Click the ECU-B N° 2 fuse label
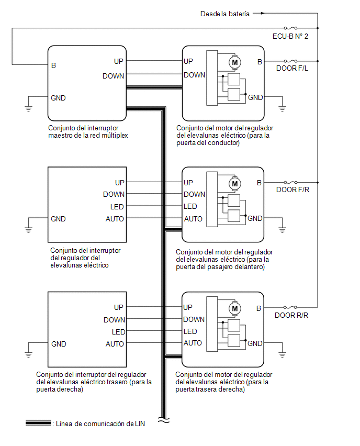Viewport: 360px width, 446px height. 290,37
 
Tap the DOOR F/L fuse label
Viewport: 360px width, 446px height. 292,68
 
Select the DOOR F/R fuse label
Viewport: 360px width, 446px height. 292,189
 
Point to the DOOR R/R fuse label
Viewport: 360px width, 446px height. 291,315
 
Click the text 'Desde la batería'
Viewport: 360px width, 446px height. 225,14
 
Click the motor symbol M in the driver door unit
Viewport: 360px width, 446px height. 235,63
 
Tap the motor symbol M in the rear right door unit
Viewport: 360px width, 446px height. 235,309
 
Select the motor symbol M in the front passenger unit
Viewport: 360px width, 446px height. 235,184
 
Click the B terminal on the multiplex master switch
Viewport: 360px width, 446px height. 53,65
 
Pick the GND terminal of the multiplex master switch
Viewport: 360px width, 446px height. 58,98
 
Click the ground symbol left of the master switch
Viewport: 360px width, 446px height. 28,108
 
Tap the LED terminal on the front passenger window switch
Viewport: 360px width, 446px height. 117,207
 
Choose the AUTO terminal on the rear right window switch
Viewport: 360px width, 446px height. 115,344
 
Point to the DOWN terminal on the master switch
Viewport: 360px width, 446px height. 113,76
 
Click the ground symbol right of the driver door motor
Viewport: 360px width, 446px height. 282,108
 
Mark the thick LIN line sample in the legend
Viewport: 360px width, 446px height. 38,423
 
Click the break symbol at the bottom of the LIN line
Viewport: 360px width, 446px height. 163,420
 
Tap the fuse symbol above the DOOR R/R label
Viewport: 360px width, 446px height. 290,307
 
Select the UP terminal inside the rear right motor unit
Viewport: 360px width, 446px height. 188,307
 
